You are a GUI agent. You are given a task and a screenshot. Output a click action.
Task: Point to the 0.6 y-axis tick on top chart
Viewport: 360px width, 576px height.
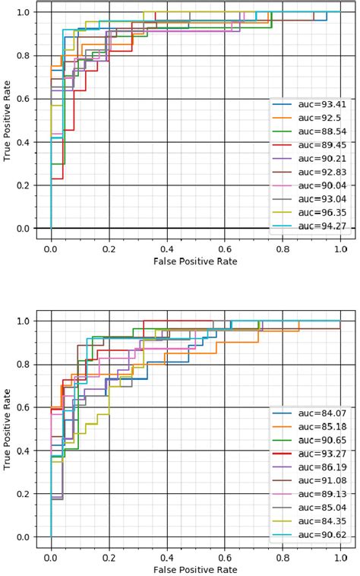click(x=25, y=99)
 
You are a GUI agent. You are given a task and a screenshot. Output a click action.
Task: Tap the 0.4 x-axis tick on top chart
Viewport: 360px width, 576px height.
click(x=167, y=248)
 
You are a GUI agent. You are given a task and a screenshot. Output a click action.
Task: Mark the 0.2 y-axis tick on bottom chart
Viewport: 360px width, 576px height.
click(x=25, y=494)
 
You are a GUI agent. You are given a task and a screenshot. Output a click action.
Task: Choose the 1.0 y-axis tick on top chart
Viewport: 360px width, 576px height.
click(x=25, y=12)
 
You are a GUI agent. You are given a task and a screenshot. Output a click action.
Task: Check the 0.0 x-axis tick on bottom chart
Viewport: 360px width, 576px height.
click(x=51, y=556)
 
